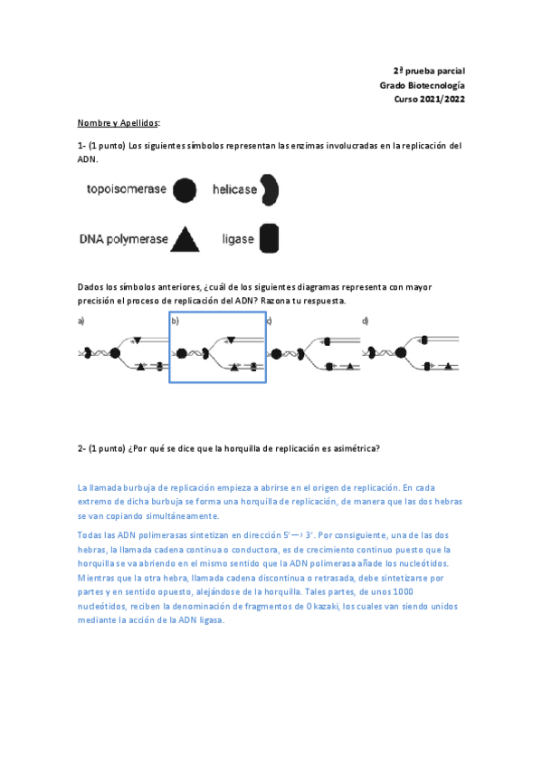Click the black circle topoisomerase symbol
(x=184, y=190)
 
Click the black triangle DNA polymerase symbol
(x=185, y=238)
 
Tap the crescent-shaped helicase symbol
(x=269, y=190)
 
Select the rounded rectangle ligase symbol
(x=269, y=239)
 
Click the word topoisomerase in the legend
(x=127, y=190)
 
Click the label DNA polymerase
(x=123, y=240)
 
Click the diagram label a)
(x=81, y=321)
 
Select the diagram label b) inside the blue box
(x=176, y=321)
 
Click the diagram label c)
(x=270, y=321)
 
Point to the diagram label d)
(x=365, y=321)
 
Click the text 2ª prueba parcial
(x=429, y=70)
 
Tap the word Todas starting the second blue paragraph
(x=91, y=535)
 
